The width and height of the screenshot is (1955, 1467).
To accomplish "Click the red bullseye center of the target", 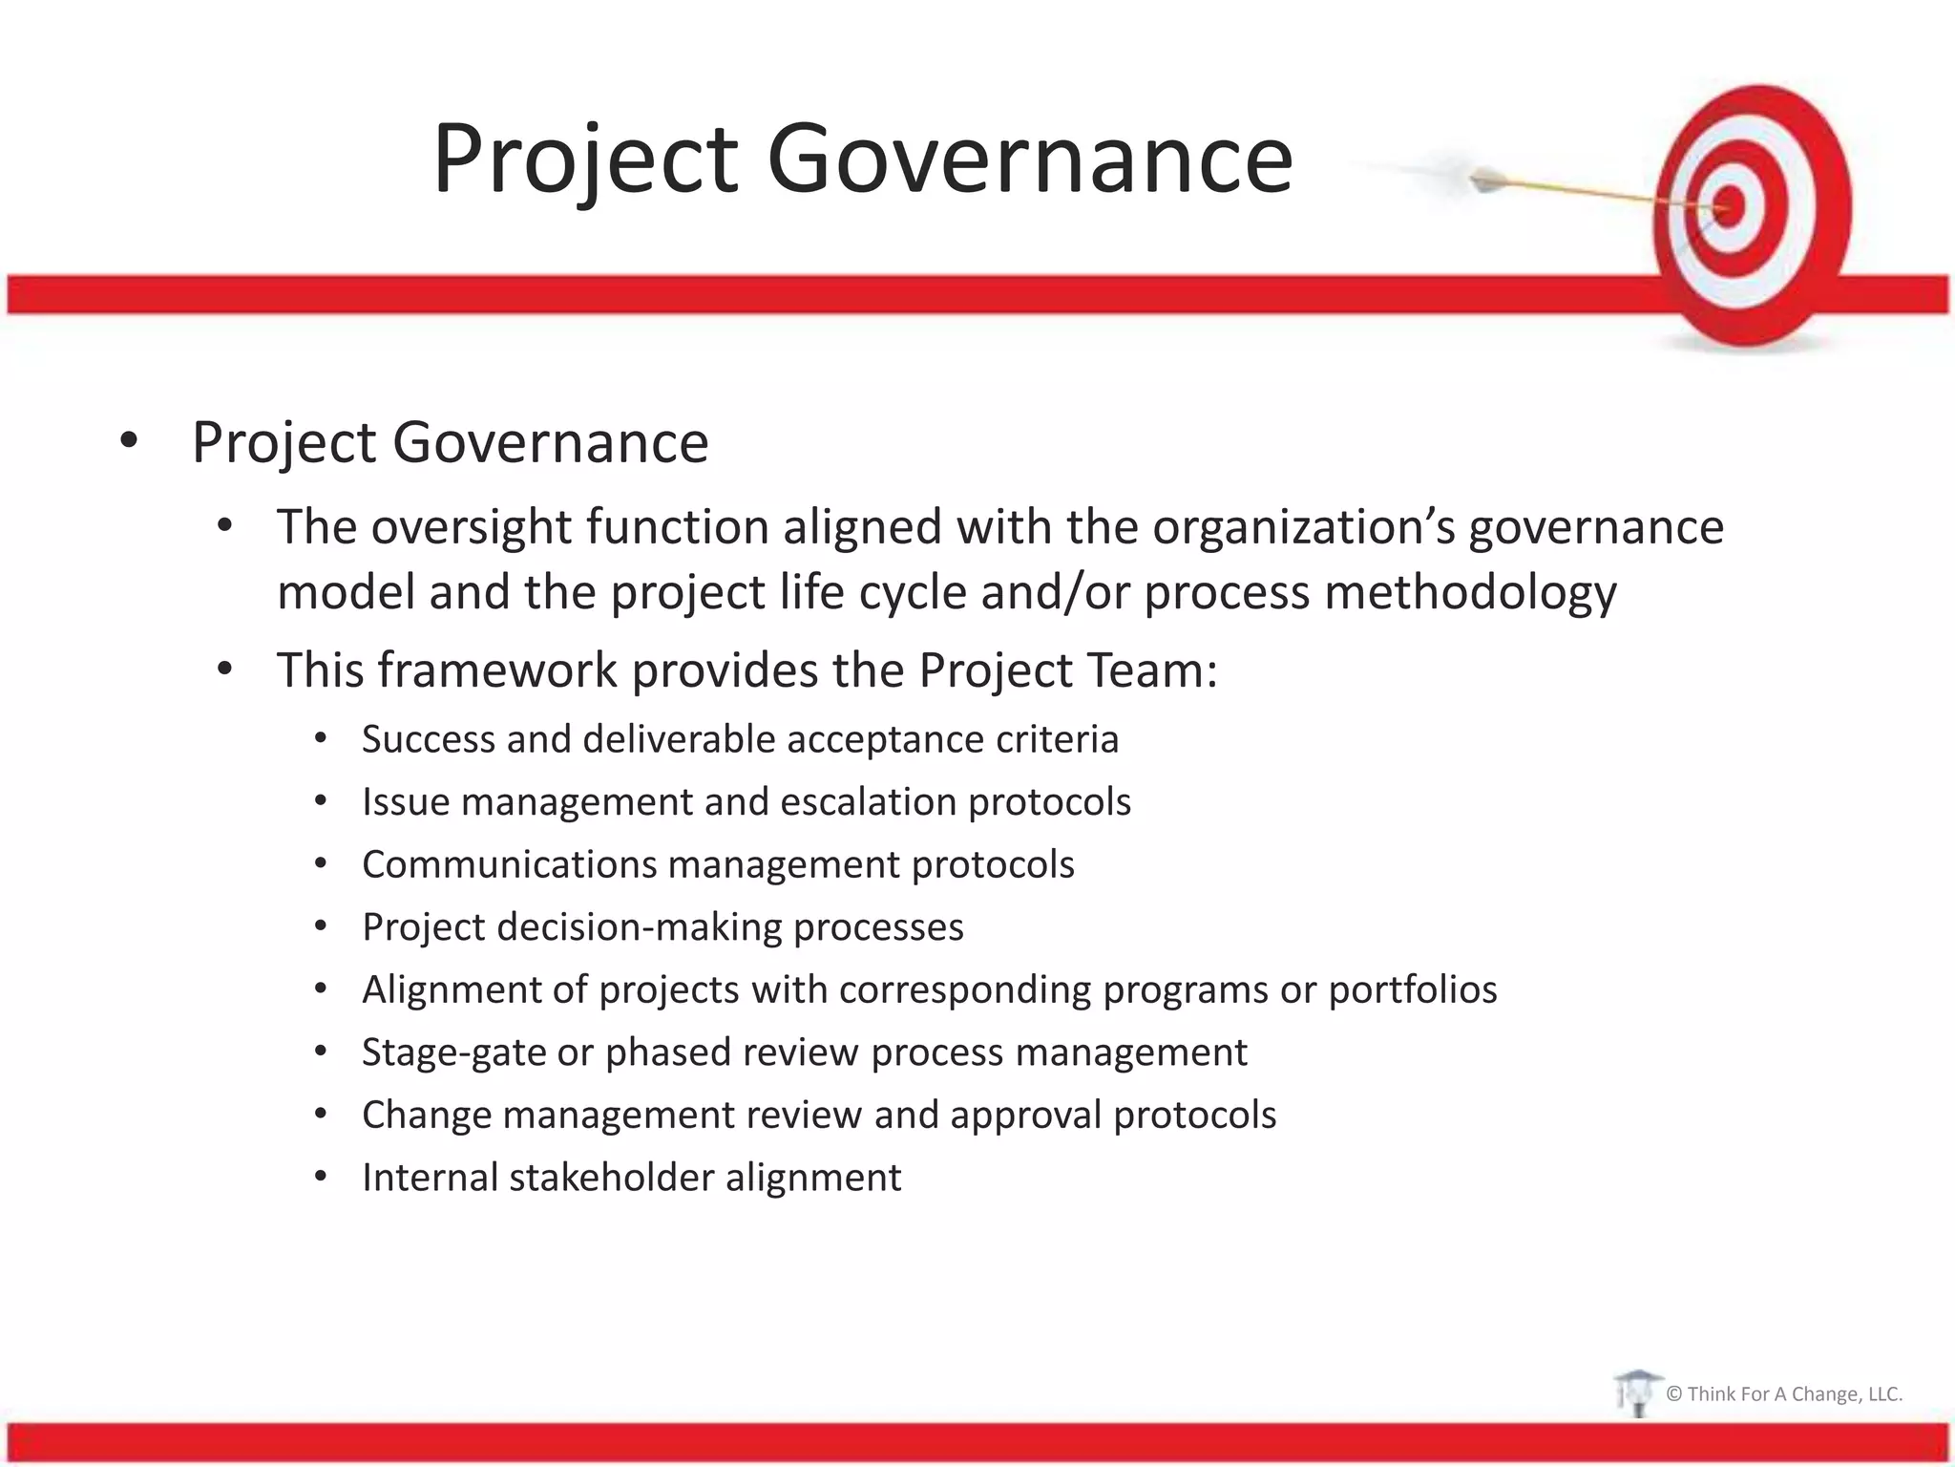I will point(1730,206).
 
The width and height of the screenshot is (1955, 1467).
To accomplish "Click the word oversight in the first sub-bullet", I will point(474,527).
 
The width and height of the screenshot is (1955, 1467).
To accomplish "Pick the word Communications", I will point(508,865).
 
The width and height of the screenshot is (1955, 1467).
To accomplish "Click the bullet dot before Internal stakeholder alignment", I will point(321,1178).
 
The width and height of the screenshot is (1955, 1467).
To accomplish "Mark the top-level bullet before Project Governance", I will point(129,442).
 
